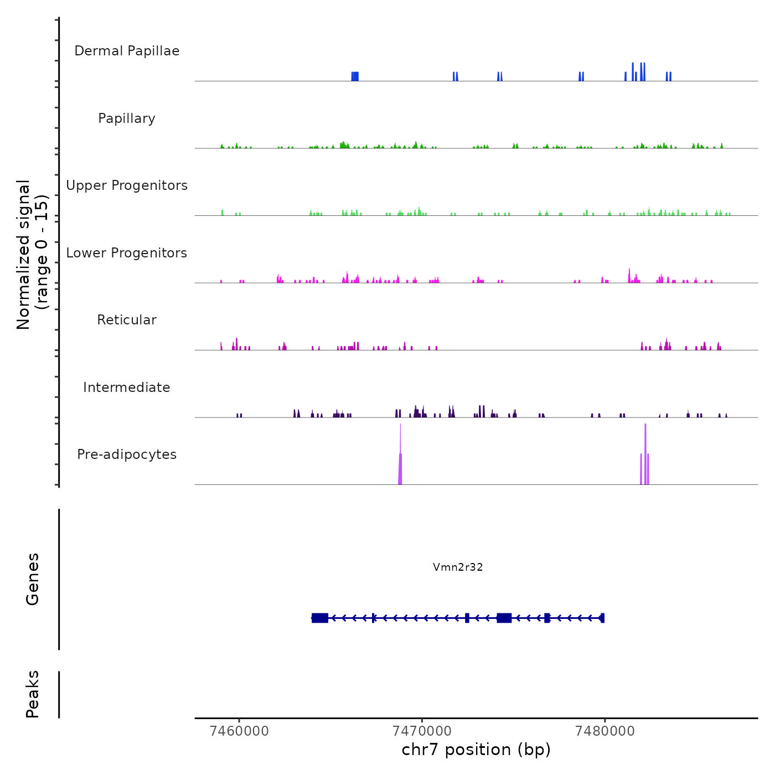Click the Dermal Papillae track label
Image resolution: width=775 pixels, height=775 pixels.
(127, 51)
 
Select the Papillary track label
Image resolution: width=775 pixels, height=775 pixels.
(127, 118)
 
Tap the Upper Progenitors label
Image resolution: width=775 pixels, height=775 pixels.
(127, 185)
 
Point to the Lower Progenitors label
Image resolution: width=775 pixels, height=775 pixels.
(127, 253)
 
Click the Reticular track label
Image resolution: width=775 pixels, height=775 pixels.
(127, 320)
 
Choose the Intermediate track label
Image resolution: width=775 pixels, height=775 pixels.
(127, 387)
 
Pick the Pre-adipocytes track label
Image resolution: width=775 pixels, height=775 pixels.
(127, 454)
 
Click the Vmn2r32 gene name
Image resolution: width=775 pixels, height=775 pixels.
(458, 567)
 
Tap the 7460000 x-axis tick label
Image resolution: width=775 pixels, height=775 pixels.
(239, 731)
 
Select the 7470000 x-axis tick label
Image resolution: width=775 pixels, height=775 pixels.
(422, 731)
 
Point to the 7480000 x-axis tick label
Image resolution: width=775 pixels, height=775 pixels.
(604, 731)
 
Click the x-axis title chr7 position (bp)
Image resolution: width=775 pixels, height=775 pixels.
(476, 750)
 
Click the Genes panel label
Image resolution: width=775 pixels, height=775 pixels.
(33, 579)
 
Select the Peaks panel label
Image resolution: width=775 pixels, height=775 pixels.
(33, 694)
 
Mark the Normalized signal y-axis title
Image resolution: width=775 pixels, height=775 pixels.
(32, 255)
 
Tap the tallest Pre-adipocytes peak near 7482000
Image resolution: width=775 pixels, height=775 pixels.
(645, 454)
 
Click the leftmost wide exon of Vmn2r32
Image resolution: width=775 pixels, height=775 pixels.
(320, 618)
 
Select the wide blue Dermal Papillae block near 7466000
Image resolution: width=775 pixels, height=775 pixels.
(355, 76)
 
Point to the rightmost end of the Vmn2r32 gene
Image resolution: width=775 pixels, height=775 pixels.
(602, 618)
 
